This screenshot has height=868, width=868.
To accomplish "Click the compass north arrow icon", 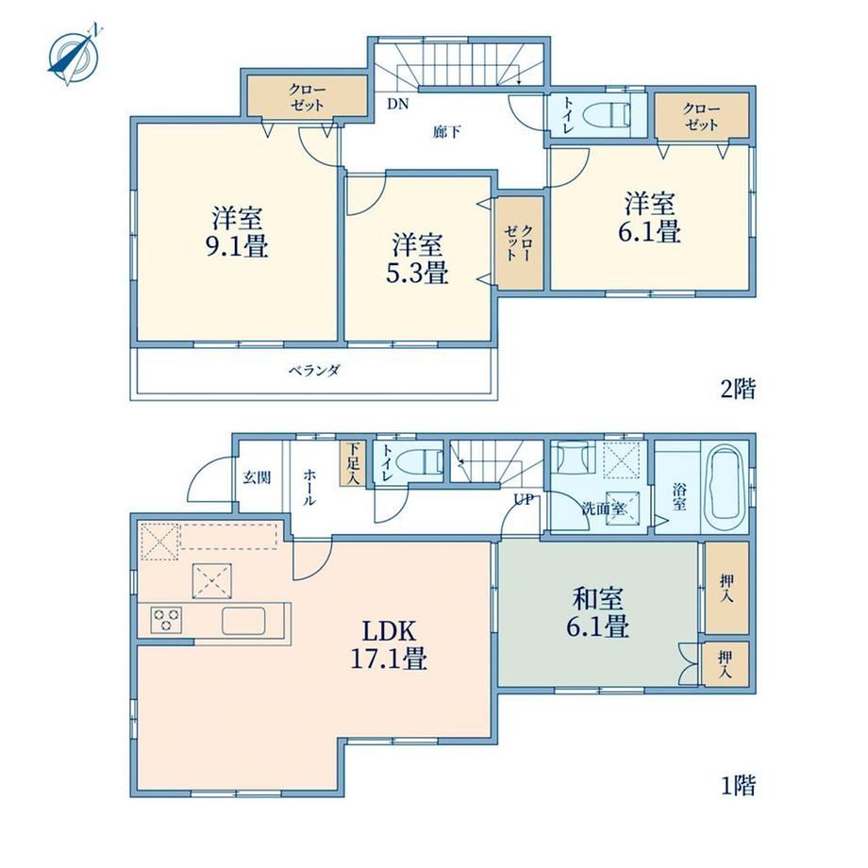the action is (75, 56).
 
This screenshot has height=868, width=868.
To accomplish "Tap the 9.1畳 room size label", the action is (237, 246).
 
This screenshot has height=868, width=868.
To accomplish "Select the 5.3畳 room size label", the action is (417, 273).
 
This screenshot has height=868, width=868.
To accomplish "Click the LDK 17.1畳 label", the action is (389, 645).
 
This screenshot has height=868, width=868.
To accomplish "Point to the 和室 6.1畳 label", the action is (598, 613).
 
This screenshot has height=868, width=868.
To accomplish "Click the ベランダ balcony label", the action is (314, 371).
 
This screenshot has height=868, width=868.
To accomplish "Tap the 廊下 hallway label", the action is (446, 132).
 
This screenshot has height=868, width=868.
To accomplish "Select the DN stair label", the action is (397, 104).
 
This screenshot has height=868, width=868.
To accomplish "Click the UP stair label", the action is (524, 499).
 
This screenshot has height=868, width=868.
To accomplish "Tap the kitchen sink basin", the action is (244, 621).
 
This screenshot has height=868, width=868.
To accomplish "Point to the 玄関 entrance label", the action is (257, 477).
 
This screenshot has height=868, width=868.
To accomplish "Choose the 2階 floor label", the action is (738, 389).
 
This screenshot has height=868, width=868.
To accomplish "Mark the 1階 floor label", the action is (738, 785).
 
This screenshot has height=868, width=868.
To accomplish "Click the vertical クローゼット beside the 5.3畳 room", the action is (519, 242).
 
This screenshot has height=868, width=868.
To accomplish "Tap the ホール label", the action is (309, 487).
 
